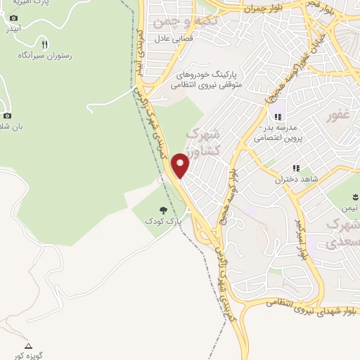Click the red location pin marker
[x=181, y=165]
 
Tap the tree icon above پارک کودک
[x=163, y=210]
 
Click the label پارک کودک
[x=163, y=221]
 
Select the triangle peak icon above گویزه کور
[x=28, y=346]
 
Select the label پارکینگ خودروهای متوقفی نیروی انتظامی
[x=209, y=78]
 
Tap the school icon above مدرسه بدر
[x=278, y=117]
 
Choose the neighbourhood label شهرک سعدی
[x=344, y=233]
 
